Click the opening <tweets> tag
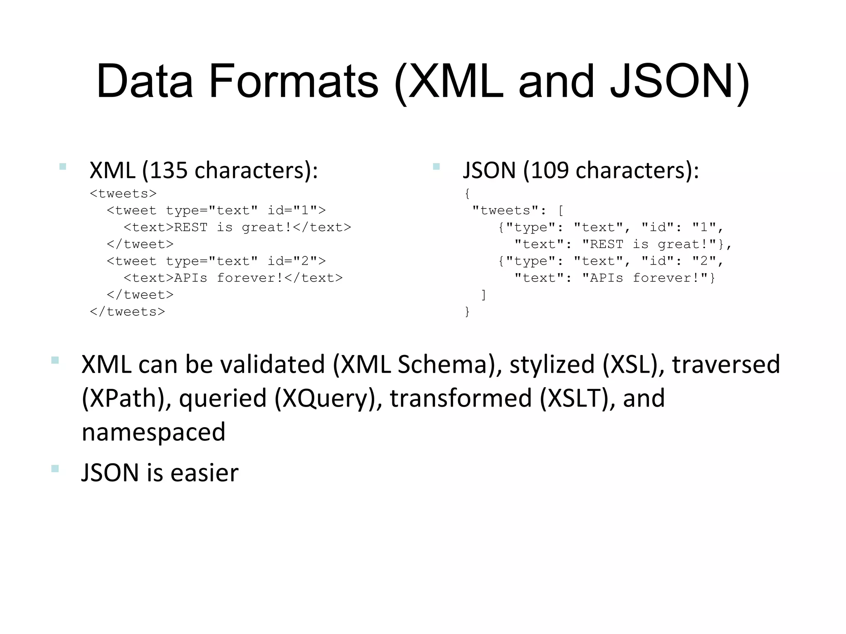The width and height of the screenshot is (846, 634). pos(123,194)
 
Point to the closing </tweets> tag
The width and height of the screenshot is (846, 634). pos(127,312)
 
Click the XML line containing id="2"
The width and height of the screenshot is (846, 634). pos(216,261)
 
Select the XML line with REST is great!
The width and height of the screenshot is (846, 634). pos(237,227)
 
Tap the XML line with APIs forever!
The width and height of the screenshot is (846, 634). pos(233,278)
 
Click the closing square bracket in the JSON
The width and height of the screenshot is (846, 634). pos(483,295)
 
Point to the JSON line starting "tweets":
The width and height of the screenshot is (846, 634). pos(518,211)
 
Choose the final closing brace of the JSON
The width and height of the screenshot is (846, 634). pos(467,311)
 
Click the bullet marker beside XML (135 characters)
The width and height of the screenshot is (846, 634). pos(63,167)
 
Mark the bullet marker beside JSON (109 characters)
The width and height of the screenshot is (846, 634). pos(436,167)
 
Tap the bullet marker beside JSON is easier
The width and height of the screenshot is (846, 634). pos(55,468)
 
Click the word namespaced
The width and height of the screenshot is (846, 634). pos(153,432)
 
